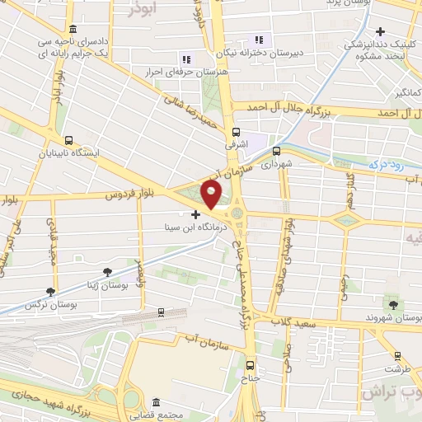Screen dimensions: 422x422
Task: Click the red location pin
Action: [212, 195]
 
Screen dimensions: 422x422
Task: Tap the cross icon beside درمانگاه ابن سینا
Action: [195, 213]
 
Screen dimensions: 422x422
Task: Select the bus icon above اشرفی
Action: [237, 131]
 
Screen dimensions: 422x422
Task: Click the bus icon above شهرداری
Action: [276, 151]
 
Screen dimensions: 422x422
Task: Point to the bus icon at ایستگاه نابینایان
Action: [68, 140]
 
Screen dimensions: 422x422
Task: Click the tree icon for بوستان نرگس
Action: [51, 292]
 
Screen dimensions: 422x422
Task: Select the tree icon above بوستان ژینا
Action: [107, 271]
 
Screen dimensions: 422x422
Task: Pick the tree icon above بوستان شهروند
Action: [391, 305]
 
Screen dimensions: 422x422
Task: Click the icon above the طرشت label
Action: [398, 357]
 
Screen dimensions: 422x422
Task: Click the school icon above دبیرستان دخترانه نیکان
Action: [259, 40]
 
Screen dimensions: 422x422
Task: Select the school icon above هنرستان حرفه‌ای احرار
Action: [185, 59]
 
